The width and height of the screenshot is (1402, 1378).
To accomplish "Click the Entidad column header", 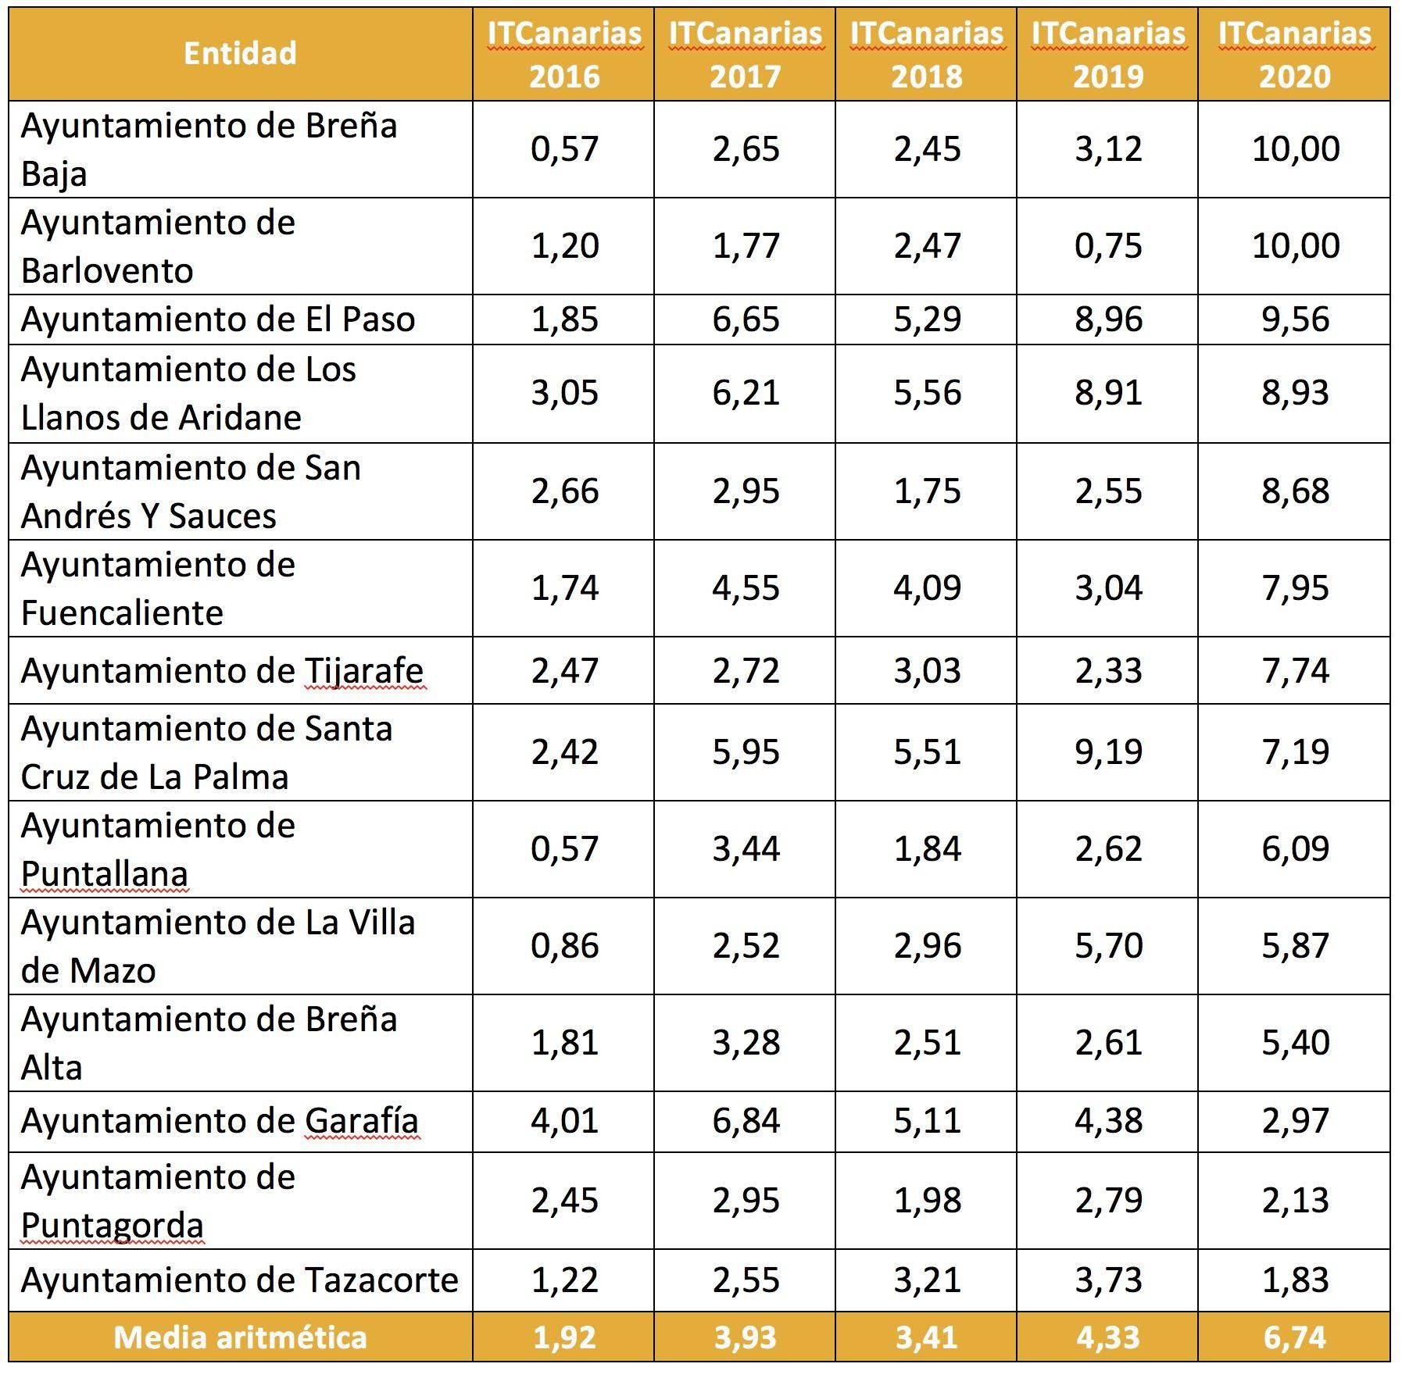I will tap(240, 53).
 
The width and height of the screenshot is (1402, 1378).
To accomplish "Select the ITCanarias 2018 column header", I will tap(926, 54).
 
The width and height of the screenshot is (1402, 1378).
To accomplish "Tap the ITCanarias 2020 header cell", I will tap(1294, 54).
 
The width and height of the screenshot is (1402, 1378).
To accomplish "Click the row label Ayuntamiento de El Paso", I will tap(217, 320).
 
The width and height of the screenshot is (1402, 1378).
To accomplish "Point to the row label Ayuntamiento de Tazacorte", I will tap(239, 1280).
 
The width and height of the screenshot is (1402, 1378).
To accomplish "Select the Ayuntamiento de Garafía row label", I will tap(220, 1120).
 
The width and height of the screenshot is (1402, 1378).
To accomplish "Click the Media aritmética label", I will tap(240, 1337).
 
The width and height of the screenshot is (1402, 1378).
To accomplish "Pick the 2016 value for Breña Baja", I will tap(564, 148).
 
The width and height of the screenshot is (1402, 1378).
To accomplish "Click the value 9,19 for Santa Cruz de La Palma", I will tap(1108, 751).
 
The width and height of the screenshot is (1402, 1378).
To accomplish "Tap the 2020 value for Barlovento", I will tap(1295, 245).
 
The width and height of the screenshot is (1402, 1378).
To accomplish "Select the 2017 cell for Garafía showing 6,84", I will tap(746, 1120).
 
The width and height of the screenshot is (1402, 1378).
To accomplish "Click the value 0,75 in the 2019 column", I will tap(1108, 245).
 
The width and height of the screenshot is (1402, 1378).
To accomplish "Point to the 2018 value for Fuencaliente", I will tap(927, 587).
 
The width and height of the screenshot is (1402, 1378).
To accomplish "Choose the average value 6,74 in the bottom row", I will tap(1295, 1337).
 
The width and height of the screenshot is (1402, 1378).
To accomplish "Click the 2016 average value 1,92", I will tap(564, 1337).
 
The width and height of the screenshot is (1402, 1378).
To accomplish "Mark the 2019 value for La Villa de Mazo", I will tap(1108, 945).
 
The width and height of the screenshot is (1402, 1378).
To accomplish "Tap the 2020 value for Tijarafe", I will tap(1295, 670).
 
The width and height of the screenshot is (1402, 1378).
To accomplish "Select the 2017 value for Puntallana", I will tap(746, 848).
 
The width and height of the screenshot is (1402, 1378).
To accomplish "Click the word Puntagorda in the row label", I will tap(112, 1225).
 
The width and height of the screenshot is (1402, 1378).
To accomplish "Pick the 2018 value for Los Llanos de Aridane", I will tap(927, 392).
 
